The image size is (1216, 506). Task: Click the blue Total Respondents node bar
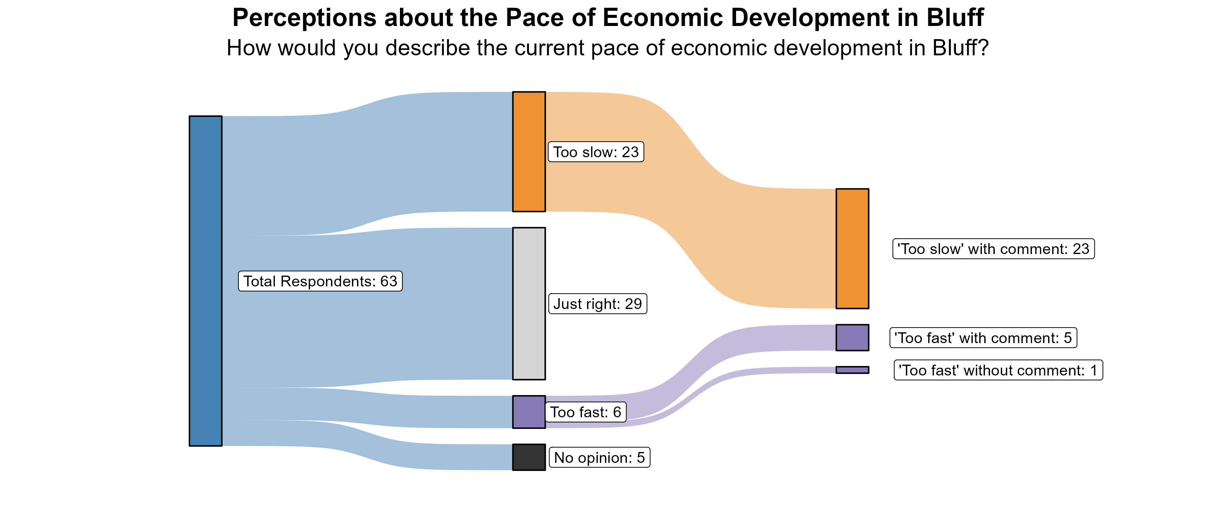205,281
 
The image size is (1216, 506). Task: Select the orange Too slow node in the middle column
529,151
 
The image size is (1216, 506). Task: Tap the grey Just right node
529,303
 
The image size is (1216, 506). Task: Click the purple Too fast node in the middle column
529,412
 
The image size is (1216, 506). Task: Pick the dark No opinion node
529,457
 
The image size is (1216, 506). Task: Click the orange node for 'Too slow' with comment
852,249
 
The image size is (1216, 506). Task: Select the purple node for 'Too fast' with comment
852,338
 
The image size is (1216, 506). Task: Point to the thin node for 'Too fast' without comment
852,370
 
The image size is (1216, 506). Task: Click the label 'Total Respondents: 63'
320,281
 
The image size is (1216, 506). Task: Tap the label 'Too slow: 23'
596,152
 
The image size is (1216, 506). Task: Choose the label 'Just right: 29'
598,304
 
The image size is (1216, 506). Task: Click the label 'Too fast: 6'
585,412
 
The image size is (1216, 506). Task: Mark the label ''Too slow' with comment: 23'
993,249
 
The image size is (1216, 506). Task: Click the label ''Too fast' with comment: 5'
983,338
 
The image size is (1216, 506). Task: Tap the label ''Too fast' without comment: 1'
998,370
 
